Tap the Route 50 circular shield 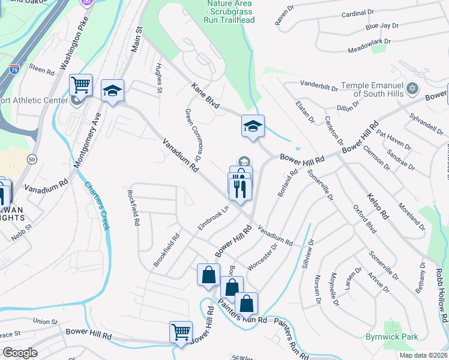(x=31, y=158)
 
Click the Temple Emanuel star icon (x=411, y=89)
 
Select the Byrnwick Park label (x=392, y=337)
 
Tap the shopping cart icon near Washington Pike (x=80, y=85)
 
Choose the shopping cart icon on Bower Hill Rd (x=181, y=331)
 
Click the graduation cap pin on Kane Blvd (x=253, y=126)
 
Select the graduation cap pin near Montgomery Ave (x=112, y=91)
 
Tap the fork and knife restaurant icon (x=240, y=187)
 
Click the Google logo (x=20, y=353)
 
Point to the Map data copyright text (x=423, y=355)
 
